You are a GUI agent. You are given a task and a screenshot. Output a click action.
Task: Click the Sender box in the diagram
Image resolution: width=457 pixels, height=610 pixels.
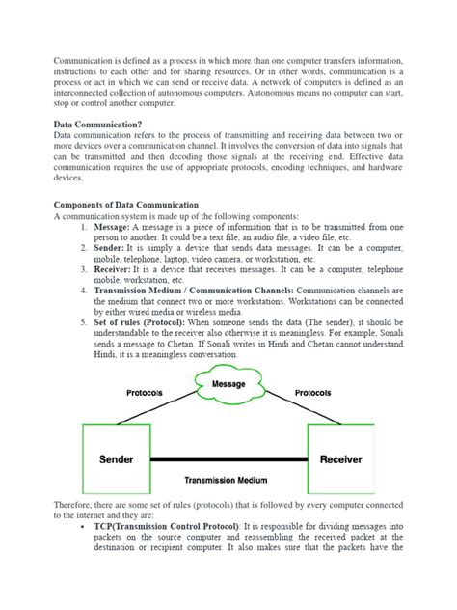117,459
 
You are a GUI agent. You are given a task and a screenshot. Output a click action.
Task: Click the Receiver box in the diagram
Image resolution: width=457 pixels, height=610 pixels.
340,459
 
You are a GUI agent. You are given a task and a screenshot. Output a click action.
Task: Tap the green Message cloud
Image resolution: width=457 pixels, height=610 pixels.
229,385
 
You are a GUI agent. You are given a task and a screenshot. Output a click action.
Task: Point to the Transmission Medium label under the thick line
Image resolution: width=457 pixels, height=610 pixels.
228,480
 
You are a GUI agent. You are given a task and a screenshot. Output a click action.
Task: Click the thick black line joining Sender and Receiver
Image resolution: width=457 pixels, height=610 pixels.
228,460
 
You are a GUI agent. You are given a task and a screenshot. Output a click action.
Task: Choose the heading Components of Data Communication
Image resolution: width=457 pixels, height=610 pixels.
126,205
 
